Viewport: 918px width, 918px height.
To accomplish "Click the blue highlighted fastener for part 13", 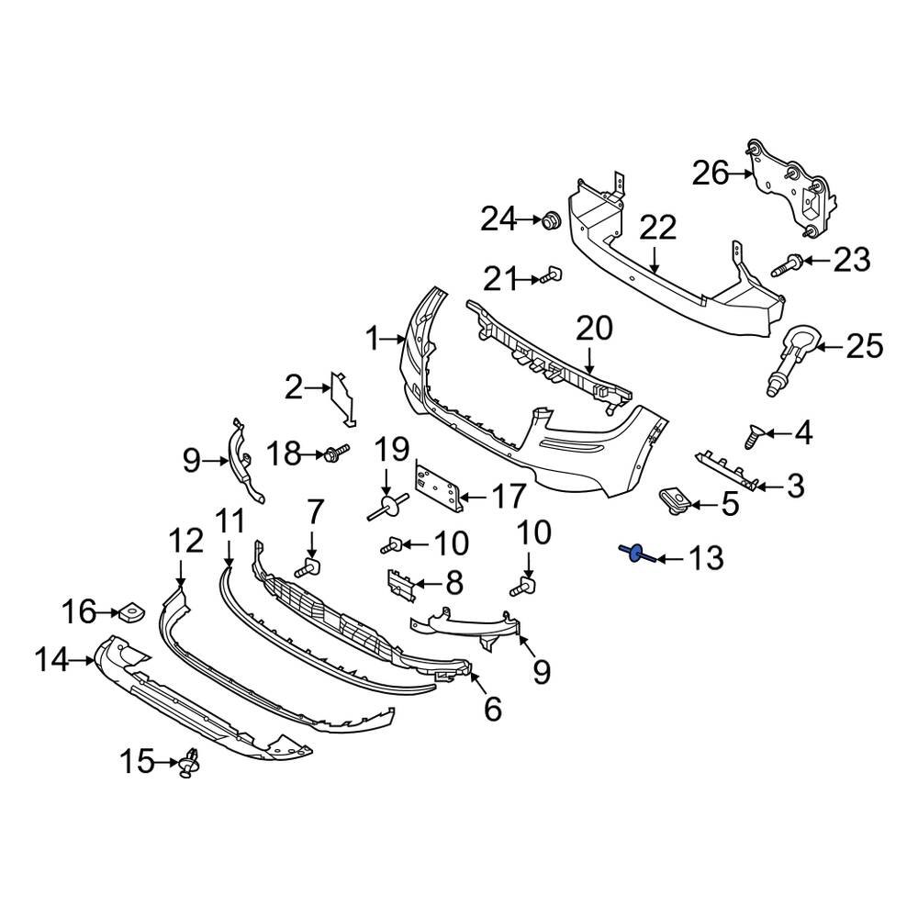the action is coord(633,553).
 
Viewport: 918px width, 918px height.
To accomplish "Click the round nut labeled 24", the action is coord(551,220).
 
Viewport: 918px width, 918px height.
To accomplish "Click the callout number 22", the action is coord(658,228).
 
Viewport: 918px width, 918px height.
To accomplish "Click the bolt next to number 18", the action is coord(336,452).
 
